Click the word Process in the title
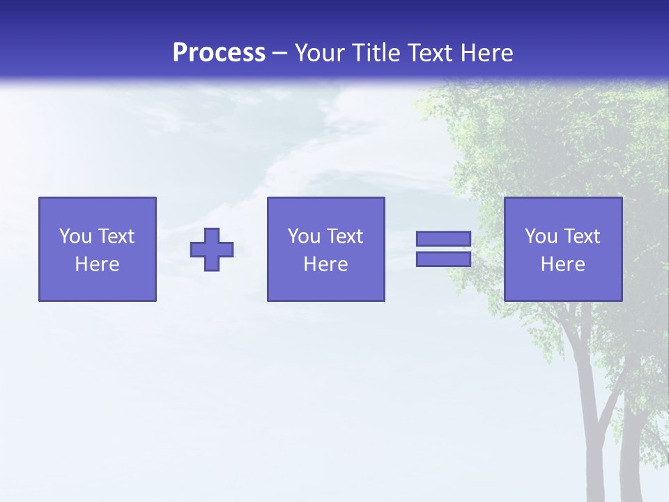(219, 53)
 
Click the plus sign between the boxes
(212, 250)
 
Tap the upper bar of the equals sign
(443, 239)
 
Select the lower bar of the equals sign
(443, 259)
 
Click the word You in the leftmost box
(75, 236)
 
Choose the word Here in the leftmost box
(97, 264)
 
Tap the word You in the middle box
(304, 236)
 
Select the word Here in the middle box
(325, 264)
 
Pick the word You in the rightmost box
(541, 236)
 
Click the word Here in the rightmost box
(562, 264)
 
